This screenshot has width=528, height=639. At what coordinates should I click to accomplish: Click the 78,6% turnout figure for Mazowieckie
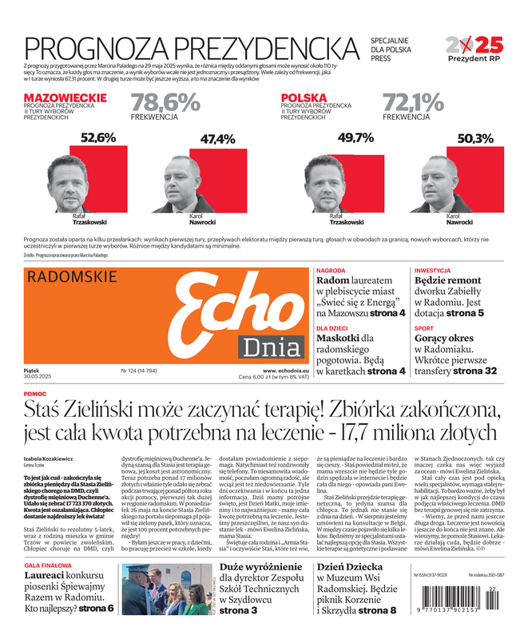(165, 102)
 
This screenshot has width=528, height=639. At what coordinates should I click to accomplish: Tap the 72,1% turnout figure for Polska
(413, 102)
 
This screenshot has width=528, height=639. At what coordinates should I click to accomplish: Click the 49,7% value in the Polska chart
(355, 137)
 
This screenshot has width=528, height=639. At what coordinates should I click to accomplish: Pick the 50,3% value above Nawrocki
(475, 139)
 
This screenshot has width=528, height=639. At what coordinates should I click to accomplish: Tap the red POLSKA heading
(304, 97)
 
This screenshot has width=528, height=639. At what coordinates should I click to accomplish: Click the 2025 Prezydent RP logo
(474, 49)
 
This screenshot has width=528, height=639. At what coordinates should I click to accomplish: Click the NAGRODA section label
(331, 271)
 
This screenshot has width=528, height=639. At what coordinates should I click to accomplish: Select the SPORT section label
(424, 328)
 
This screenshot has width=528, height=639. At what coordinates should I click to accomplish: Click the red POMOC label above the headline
(35, 394)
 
